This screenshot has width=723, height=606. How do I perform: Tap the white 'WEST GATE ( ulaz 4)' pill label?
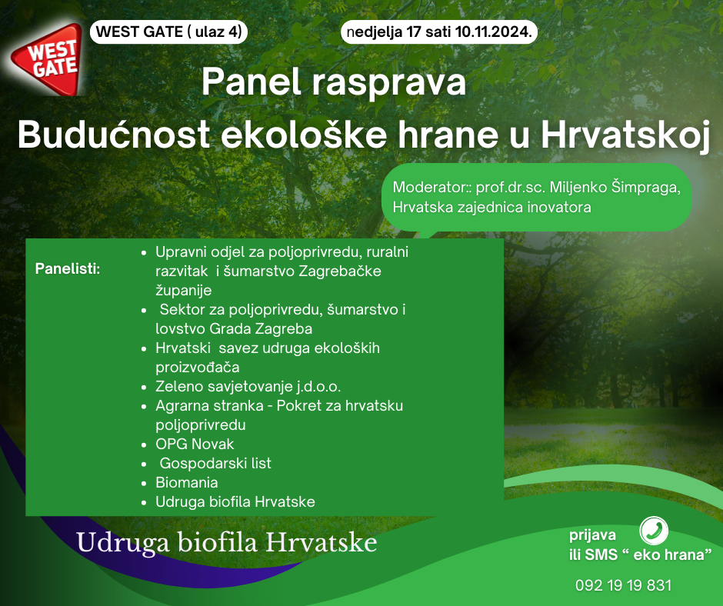pyautogui.click(x=168, y=32)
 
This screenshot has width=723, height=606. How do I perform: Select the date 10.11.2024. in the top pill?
pyautogui.click(x=493, y=32)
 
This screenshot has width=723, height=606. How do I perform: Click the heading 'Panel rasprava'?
pyautogui.click(x=334, y=82)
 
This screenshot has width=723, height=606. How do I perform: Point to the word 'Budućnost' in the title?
pyautogui.click(x=114, y=135)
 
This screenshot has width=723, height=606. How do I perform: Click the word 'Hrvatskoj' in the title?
pyautogui.click(x=625, y=135)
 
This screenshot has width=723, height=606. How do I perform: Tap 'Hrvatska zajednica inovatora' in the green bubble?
pyautogui.click(x=491, y=207)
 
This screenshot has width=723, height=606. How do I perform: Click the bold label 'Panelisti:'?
pyautogui.click(x=68, y=269)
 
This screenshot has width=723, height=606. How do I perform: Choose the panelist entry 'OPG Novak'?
pyautogui.click(x=195, y=445)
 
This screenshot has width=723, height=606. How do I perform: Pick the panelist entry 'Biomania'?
pyautogui.click(x=187, y=482)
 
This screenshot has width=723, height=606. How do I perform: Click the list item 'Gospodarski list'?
pyautogui.click(x=215, y=463)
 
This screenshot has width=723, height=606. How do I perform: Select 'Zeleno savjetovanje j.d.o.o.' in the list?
pyautogui.click(x=248, y=387)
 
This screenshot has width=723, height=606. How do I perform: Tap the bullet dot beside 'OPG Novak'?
pyautogui.click(x=145, y=445)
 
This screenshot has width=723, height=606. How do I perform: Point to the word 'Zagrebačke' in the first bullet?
pyautogui.click(x=340, y=271)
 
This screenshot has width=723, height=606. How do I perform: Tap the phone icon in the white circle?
pyautogui.click(x=654, y=531)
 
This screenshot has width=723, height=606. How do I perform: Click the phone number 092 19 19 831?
pyautogui.click(x=624, y=585)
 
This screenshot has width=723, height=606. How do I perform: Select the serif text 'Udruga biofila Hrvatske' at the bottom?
pyautogui.click(x=226, y=542)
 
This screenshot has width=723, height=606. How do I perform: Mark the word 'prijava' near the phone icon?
pyautogui.click(x=592, y=535)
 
